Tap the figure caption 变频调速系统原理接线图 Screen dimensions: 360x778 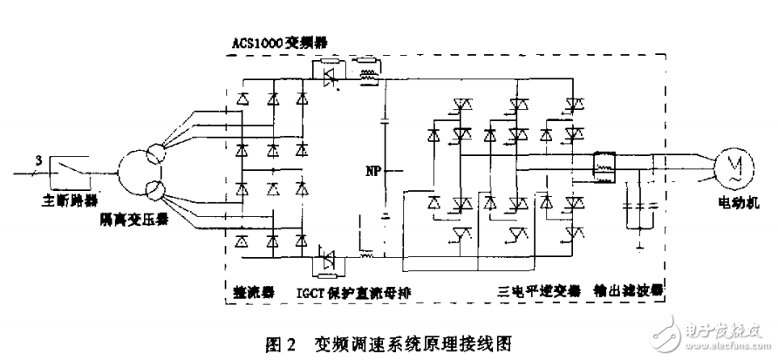coord(417,343)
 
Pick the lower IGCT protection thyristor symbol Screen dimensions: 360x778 coord(329,258)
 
